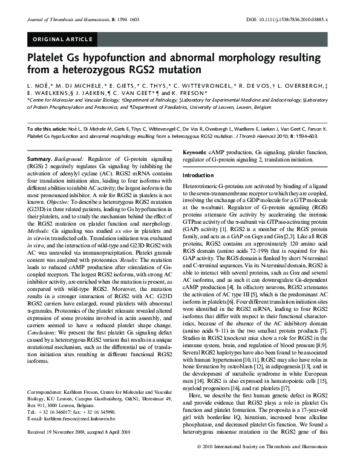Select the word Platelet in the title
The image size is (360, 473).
click(48, 61)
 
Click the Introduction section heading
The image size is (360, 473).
click(198, 175)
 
